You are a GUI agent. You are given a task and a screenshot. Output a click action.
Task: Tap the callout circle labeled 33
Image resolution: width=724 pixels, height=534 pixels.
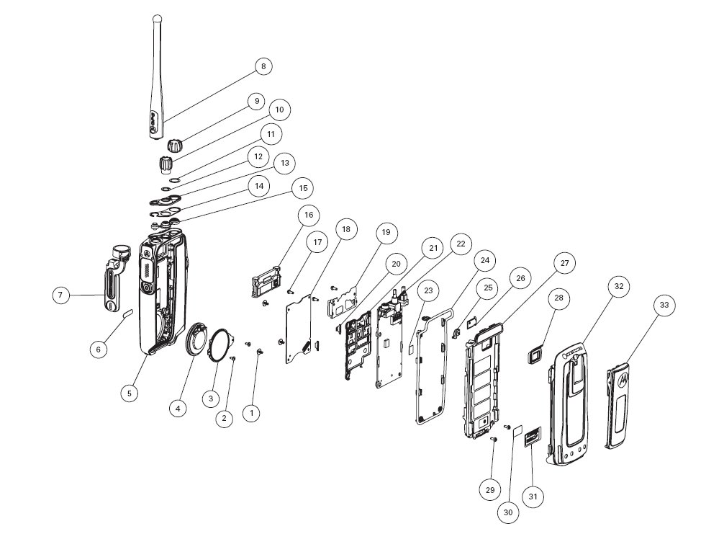[x=664, y=306]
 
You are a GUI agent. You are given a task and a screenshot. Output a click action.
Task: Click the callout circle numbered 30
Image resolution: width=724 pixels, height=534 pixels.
[x=507, y=512]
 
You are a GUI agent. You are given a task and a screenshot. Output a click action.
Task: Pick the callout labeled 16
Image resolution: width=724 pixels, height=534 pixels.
[x=309, y=215]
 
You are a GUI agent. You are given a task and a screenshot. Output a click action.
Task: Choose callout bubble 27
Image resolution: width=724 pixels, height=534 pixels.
[x=565, y=263]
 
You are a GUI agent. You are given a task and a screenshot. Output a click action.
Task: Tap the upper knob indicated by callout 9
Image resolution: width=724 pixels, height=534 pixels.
[x=173, y=145]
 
